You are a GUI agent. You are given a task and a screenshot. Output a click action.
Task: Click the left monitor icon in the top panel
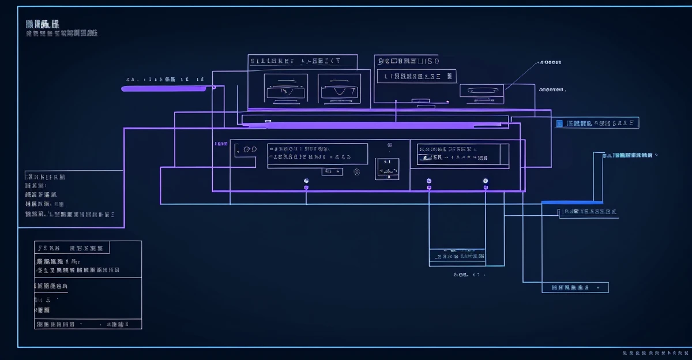point(286,89)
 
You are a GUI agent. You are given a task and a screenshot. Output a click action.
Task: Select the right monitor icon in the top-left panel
point(340,89)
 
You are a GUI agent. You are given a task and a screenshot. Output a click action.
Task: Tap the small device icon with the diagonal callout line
point(482,91)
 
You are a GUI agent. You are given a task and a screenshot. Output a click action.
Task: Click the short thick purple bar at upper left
point(165,89)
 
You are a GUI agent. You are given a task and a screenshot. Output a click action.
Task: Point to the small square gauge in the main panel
point(388,168)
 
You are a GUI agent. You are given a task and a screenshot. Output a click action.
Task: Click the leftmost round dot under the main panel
point(306,181)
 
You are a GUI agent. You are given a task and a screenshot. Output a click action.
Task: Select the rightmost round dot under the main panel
point(486,181)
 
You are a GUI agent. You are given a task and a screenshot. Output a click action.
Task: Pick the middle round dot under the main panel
point(428,181)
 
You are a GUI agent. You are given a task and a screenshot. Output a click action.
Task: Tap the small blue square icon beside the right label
point(559,123)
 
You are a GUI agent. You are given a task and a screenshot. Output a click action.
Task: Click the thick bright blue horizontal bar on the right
point(572,202)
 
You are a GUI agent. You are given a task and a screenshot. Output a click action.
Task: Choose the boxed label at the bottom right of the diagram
point(575,287)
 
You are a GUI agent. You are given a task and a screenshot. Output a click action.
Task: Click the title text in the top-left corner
point(42,24)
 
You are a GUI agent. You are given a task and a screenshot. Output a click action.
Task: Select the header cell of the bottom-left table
point(72,248)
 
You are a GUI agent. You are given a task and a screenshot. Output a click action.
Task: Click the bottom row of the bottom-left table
point(88,325)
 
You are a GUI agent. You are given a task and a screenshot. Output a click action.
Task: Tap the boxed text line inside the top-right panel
point(416,76)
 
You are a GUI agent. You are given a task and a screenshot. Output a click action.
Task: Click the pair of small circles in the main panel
point(250,149)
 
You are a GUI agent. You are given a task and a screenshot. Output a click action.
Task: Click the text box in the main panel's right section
point(463,153)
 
